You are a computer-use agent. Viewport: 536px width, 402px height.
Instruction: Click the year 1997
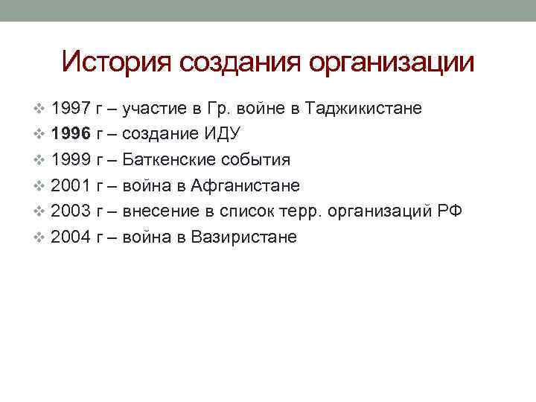71,109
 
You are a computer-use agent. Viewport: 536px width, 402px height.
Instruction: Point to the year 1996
71,135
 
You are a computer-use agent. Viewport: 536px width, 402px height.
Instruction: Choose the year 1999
71,160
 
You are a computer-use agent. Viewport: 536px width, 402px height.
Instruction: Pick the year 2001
71,185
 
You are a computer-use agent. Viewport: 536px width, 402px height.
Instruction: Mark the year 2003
71,211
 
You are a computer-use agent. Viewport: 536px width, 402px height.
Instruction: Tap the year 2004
71,237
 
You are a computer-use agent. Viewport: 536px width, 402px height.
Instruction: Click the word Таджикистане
364,109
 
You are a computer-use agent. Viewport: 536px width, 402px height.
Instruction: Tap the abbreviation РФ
449,211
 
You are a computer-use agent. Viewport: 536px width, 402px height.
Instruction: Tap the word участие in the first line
153,109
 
